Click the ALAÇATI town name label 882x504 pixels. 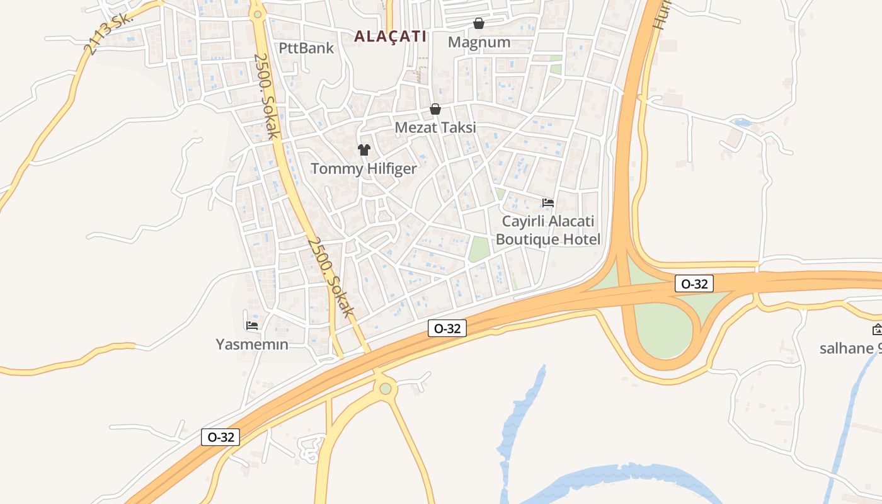pos(390,37)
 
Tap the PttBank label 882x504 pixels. pos(306,47)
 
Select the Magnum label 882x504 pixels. pos(479,42)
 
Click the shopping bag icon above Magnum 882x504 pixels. pos(479,23)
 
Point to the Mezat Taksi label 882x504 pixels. pos(435,127)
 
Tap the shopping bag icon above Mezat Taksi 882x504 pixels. pos(435,109)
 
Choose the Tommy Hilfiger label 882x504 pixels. pos(364,169)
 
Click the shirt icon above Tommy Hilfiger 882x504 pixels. pos(364,150)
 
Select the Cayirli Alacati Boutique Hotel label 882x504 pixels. pos(547,231)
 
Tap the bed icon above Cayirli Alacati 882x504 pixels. pos(548,203)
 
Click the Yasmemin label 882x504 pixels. pos(252,345)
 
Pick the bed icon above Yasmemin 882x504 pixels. pos(252,326)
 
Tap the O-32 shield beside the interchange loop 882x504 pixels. pos(694,283)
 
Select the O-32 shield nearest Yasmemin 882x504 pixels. pos(220,437)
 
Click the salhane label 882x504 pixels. pos(850,348)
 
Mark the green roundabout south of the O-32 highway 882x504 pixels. pos(386,389)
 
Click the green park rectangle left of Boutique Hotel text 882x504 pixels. pos(479,249)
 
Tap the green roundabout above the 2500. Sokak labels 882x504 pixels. pos(256,13)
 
